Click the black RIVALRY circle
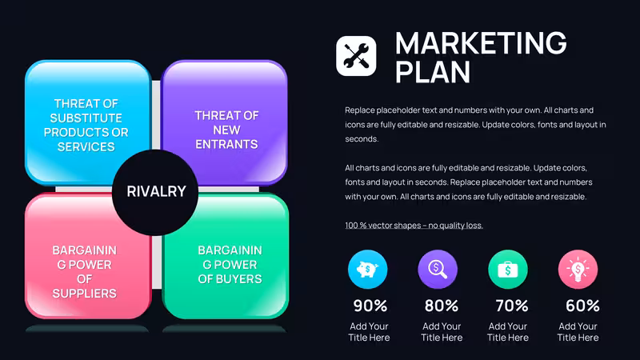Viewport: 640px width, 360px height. [155, 192]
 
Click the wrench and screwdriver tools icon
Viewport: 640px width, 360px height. [356, 56]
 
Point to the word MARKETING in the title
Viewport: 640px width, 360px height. [481, 43]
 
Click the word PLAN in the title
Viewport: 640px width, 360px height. [433, 72]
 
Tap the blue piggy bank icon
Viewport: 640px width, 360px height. [367, 270]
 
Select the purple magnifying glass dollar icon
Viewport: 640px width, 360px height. [438, 270]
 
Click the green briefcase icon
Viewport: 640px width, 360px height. [508, 270]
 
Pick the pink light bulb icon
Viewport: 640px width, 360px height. [578, 270]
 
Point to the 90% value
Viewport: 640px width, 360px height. [370, 306]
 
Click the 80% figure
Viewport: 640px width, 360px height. [442, 306]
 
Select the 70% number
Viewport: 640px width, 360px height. [512, 306]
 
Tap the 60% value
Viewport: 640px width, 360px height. [582, 306]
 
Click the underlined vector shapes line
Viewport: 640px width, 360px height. [414, 226]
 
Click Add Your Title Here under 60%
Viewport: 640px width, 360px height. [578, 332]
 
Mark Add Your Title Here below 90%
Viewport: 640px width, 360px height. [369, 332]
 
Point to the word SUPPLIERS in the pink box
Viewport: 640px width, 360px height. [85, 293]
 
